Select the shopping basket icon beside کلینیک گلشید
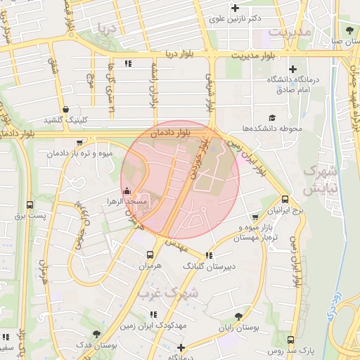(65, 109)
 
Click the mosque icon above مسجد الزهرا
(127, 191)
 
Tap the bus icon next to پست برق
(30, 205)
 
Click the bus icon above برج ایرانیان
(285, 199)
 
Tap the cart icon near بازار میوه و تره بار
(255, 217)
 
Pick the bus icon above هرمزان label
(149, 255)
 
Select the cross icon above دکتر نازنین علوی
(255, 8)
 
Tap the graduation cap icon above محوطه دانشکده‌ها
(272, 117)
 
